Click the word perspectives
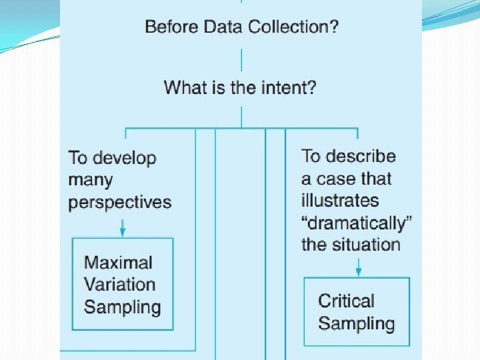click(x=119, y=203)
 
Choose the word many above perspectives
click(x=90, y=180)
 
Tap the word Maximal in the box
click(x=118, y=263)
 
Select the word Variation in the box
click(x=119, y=285)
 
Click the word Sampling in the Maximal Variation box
click(x=122, y=307)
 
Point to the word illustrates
click(x=339, y=201)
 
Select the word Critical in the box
click(x=346, y=301)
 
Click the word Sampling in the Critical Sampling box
click(x=356, y=324)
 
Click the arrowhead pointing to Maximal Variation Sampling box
click(x=123, y=233)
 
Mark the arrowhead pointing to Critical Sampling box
click(x=359, y=271)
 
